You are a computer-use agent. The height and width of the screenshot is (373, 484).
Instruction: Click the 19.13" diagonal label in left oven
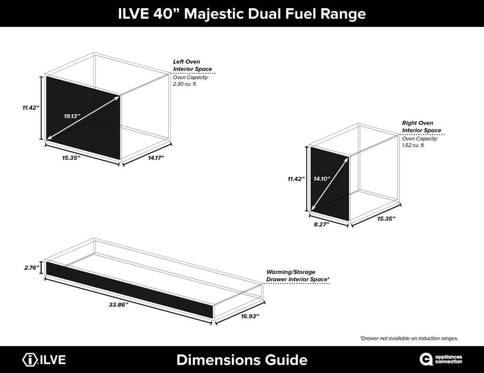[72, 116]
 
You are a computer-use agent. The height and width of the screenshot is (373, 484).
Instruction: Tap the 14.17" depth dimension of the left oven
[156, 158]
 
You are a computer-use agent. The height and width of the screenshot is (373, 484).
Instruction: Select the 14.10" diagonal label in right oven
[322, 179]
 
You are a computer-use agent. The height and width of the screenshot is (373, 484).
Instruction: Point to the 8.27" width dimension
[321, 224]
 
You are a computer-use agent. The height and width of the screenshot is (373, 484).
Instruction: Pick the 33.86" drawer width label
[118, 304]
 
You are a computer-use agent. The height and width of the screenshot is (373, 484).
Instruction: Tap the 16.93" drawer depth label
[250, 316]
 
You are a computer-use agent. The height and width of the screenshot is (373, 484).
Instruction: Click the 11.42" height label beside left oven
[31, 108]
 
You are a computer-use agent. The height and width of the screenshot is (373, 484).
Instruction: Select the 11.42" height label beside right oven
[296, 179]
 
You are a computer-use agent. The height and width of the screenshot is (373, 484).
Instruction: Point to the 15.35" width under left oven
[71, 158]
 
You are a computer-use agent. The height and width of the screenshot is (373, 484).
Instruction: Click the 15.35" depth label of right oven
[386, 219]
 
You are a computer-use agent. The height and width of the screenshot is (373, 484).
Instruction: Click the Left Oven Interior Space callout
[193, 65]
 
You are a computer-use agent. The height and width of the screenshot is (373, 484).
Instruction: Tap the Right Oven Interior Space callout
[422, 126]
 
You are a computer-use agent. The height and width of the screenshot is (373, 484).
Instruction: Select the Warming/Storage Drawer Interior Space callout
[298, 276]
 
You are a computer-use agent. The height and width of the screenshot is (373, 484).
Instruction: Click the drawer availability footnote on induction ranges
[409, 338]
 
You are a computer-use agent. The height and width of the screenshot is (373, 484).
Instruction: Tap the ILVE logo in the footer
[44, 360]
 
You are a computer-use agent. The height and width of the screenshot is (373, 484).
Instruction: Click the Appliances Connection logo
[441, 359]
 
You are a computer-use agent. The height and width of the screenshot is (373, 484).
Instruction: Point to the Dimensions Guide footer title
[242, 360]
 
